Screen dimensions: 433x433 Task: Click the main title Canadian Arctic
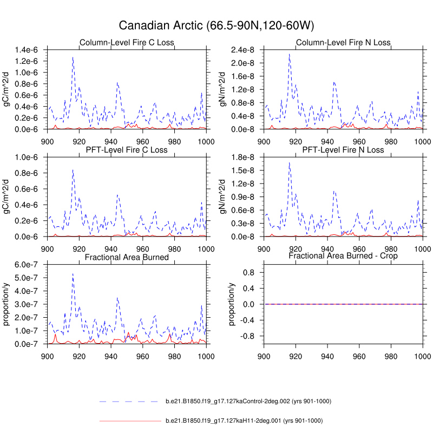(216, 25)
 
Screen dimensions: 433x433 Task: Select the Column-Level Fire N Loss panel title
(343, 43)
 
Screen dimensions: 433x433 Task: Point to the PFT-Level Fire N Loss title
(343, 150)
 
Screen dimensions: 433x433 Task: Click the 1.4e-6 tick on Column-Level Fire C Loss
(30, 50)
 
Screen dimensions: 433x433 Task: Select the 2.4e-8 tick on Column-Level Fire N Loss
(247, 50)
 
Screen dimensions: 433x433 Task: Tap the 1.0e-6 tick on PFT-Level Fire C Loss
(30, 158)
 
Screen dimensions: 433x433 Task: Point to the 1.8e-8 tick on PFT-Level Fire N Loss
(247, 158)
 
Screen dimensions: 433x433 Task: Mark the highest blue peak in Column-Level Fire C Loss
(73, 57)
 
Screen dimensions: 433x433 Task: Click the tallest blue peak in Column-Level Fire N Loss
(289, 54)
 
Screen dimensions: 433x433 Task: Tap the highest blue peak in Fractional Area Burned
(73, 274)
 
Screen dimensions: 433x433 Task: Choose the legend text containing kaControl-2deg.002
(248, 401)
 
